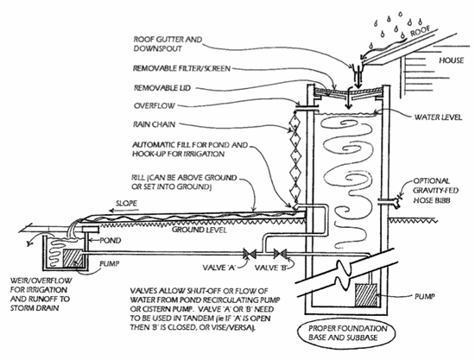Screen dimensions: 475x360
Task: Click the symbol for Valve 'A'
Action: [x=250, y=254]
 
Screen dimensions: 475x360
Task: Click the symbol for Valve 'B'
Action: [x=280, y=254]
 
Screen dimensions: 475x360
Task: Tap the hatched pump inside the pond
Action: [x=73, y=258]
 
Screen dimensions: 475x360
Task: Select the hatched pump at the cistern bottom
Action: [x=366, y=295]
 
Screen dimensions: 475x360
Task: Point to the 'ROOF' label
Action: [x=421, y=31]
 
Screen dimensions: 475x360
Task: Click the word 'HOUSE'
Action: [x=451, y=60]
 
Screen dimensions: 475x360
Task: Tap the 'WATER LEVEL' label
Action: [x=438, y=117]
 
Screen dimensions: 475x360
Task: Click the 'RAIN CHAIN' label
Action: [x=155, y=124]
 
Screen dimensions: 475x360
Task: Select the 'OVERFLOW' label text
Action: [x=155, y=105]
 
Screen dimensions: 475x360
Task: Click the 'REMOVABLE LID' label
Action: [x=162, y=88]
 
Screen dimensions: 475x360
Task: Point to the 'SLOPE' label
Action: [x=126, y=203]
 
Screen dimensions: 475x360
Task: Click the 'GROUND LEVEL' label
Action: [x=199, y=230]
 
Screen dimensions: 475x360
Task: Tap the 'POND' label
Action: [x=111, y=240]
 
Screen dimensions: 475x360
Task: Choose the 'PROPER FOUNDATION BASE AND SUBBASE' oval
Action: [x=347, y=332]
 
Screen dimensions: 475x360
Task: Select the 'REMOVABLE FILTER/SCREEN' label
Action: [x=181, y=68]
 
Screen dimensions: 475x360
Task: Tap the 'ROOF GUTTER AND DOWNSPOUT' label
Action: [x=168, y=44]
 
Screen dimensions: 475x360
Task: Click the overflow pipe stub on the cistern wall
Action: [x=305, y=105]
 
